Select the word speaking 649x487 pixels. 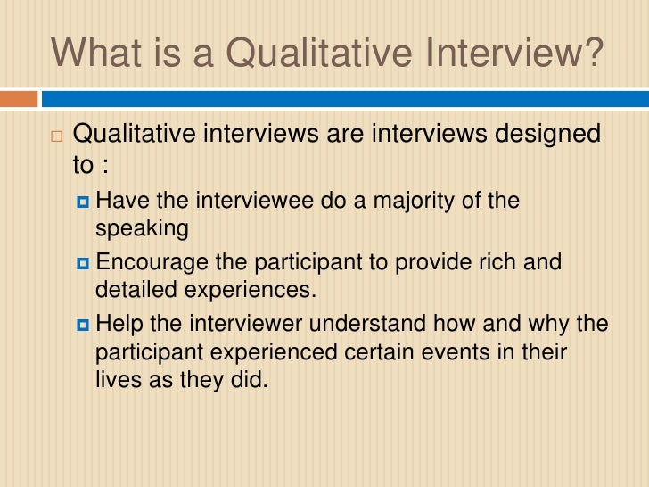(x=142, y=228)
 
